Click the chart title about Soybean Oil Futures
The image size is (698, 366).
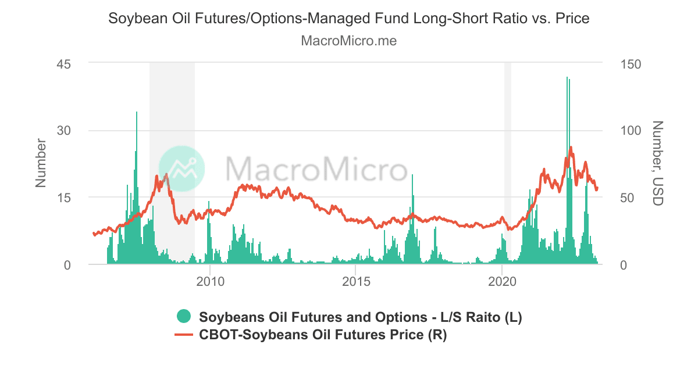pyautogui.click(x=349, y=19)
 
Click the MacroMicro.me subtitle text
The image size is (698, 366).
pyautogui.click(x=349, y=41)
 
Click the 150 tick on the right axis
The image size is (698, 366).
pyautogui.click(x=631, y=63)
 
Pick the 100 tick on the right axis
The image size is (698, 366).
pyautogui.click(x=631, y=131)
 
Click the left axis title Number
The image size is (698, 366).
pyautogui.click(x=41, y=163)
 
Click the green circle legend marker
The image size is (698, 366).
pyautogui.click(x=184, y=317)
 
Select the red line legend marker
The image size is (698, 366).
pyautogui.click(x=184, y=335)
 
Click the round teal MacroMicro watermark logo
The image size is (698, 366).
pyautogui.click(x=181, y=168)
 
